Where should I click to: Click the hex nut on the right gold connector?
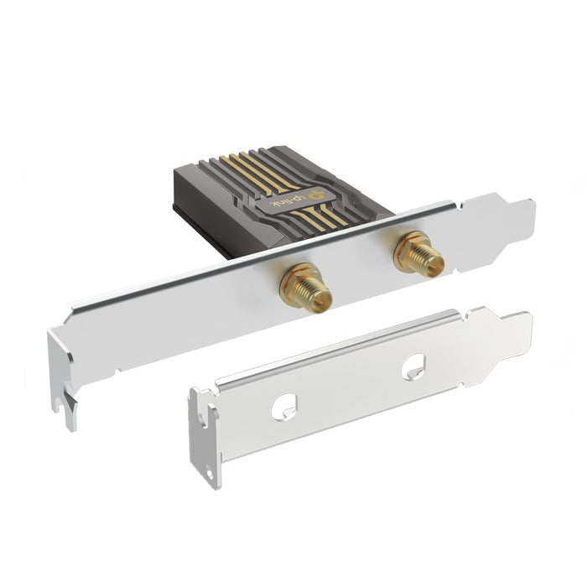(410, 246)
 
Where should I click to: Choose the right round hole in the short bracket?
(413, 366)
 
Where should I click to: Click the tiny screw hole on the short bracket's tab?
(208, 472)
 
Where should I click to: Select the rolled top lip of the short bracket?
(335, 352)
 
